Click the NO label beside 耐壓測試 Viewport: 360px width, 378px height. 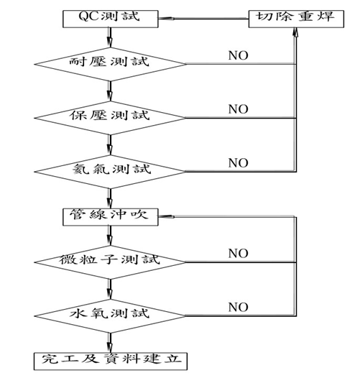point(239,55)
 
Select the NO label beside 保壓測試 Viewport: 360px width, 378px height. point(239,109)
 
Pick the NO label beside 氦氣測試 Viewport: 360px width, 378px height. point(239,163)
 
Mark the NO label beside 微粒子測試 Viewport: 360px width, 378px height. point(239,254)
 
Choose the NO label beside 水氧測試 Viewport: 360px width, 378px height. point(239,307)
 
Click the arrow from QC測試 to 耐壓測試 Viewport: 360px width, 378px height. point(110,37)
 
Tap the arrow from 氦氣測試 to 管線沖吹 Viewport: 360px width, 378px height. point(110,198)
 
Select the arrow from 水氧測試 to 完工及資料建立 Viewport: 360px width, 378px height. point(110,343)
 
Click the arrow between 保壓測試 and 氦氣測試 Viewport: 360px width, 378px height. point(110,145)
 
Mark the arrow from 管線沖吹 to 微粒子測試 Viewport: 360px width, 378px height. point(110,236)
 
